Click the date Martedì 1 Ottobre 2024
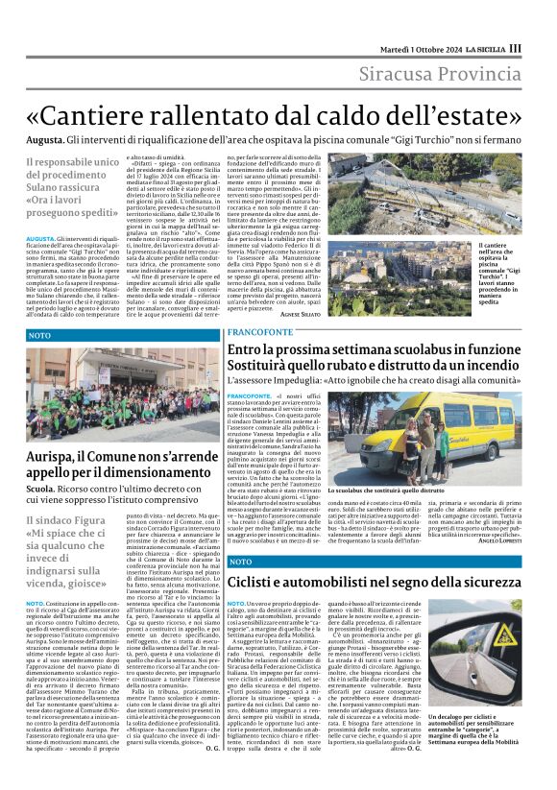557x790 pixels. tap(420, 49)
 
